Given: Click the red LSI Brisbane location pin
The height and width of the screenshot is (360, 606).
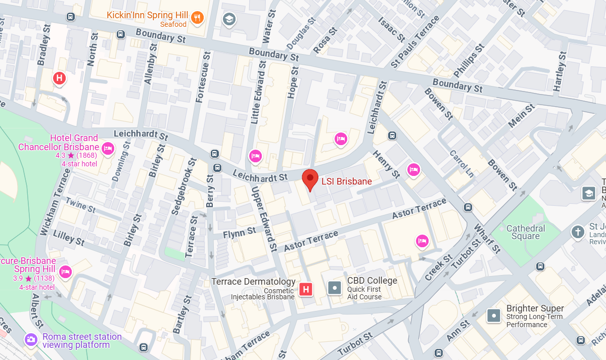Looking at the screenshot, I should [x=310, y=179].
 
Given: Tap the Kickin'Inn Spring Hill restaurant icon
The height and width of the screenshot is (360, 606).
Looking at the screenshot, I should [x=198, y=18].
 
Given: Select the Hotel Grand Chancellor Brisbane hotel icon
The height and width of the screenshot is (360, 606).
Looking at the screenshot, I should [x=107, y=148].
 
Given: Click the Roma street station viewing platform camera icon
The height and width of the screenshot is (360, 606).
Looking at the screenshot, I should [x=31, y=339].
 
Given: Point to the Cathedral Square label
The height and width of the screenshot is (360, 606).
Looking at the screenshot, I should [x=526, y=232].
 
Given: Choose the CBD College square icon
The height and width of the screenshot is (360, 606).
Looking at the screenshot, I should [x=335, y=288].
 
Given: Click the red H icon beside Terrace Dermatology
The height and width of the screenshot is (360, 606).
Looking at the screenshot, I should [x=305, y=289].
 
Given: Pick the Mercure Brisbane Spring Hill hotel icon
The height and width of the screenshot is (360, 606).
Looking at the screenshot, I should [x=65, y=272].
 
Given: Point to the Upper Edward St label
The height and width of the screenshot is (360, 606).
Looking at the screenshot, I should [x=264, y=218].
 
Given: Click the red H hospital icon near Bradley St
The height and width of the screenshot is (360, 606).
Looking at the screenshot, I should [x=60, y=78].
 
